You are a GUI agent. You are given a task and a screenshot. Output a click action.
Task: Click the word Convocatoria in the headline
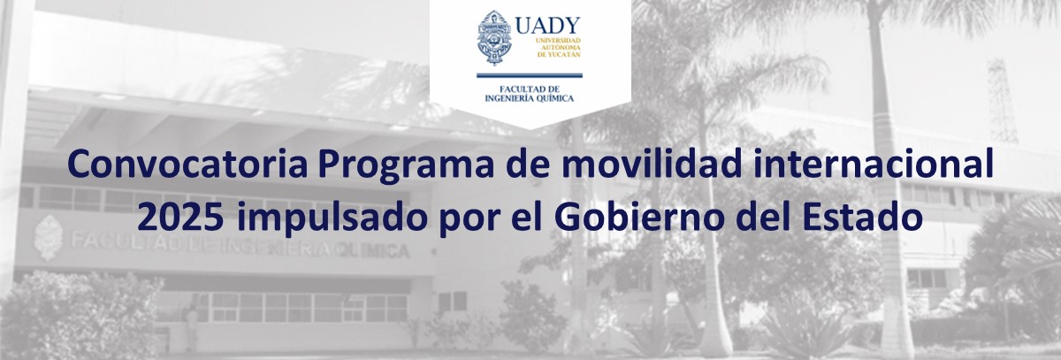tap(187, 165)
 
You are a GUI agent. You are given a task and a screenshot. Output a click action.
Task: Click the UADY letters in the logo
tap(547, 26)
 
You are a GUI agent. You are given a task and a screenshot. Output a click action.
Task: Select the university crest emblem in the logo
tap(494, 37)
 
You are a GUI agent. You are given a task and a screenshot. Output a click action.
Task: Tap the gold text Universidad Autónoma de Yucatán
tap(559, 48)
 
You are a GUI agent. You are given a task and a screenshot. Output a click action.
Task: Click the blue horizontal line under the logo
tap(530, 75)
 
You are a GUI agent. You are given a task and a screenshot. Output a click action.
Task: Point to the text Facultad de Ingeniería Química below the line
tap(530, 94)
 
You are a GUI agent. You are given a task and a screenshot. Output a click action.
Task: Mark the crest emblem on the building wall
tap(48, 238)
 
